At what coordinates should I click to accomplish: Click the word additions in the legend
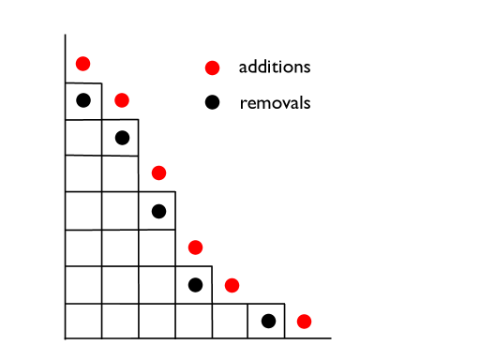point(274,67)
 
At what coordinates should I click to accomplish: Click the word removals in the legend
point(275,102)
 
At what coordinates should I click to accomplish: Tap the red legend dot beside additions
point(213,67)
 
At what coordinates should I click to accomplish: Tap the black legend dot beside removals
point(213,102)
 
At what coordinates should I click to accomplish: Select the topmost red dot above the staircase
point(82,64)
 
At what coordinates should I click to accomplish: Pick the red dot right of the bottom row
point(304,322)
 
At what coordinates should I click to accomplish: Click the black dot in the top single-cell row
point(82,100)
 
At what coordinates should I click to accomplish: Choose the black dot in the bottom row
point(268,322)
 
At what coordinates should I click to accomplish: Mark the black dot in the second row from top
point(121,138)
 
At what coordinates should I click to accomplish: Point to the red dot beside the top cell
point(121,100)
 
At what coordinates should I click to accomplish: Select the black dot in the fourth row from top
point(158,211)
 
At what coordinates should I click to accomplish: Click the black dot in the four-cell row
point(195,284)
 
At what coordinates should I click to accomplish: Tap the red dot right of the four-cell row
point(232,285)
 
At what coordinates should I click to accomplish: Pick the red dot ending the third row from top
point(158,172)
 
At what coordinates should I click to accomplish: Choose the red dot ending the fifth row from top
point(195,247)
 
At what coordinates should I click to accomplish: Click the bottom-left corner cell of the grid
point(82,322)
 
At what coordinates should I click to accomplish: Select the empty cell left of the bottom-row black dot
point(231,322)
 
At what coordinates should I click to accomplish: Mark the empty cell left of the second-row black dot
point(82,138)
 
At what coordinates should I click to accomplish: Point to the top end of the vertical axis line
point(65,36)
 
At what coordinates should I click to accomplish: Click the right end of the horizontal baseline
point(330,338)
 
